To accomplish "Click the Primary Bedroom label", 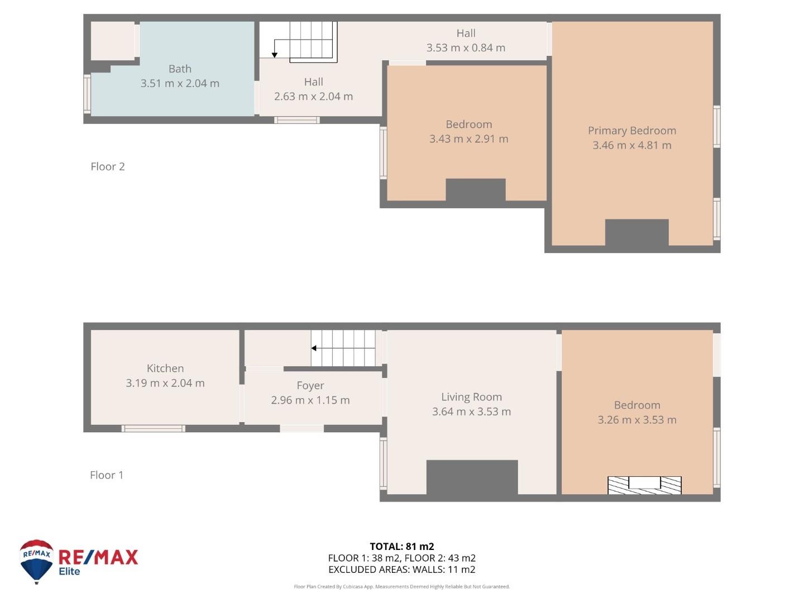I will pos(631,131).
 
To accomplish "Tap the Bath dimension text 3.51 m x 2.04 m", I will pos(180,83).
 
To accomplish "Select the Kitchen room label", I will pos(165,368).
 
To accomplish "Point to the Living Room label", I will pos(471,397).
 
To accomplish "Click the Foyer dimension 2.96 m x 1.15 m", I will pos(310,400).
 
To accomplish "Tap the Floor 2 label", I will pos(108,166).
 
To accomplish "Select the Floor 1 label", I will pos(107,475).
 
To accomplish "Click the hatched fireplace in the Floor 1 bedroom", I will pos(644,485).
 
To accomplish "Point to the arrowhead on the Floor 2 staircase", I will pos(275,55).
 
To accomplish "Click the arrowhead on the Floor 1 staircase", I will pos(314,348).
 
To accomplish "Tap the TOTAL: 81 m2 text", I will pos(401,547).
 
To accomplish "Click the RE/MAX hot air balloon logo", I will pos(37,561).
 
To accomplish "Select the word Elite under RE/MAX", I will pos(70,571).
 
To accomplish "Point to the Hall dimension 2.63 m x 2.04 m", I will pos(313,97).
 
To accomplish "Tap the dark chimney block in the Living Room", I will pos(472,477).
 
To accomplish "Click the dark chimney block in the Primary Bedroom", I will pos(636,232).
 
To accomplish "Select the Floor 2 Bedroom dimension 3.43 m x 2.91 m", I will pos(468,139).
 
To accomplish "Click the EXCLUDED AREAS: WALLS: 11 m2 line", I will pos(401,569).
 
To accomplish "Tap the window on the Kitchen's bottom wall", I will pos(154,429).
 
